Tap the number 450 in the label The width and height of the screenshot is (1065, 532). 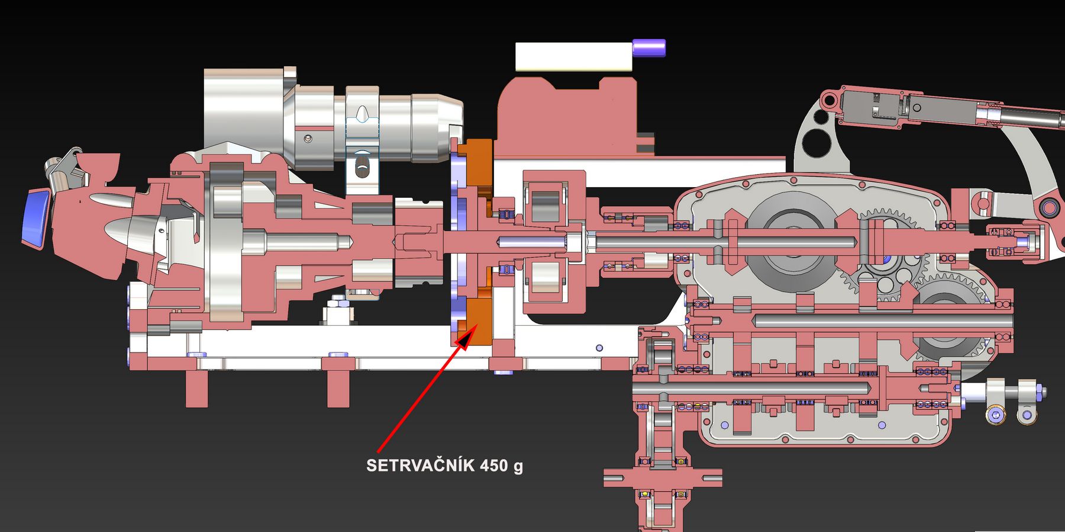pos(494,465)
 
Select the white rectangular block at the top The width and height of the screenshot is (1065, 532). pos(572,57)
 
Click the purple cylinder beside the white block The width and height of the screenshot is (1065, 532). pos(649,47)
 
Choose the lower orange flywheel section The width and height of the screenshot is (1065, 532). pos(476,320)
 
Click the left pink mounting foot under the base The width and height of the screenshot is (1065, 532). pos(197,388)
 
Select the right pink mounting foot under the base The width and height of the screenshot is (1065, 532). pos(339,388)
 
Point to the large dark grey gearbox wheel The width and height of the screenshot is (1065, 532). pos(793,234)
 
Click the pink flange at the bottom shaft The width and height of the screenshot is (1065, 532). pos(663,476)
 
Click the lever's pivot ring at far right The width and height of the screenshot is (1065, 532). pos(1050,207)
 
